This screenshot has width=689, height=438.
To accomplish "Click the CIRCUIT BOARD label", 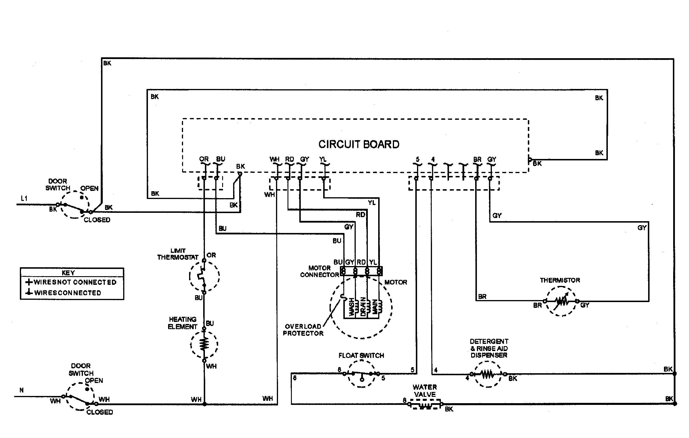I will click(x=359, y=144).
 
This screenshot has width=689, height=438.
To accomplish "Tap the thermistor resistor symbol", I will click(x=561, y=301).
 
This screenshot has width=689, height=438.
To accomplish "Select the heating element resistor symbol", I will click(x=204, y=344).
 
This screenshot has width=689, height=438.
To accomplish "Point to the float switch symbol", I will click(x=361, y=374).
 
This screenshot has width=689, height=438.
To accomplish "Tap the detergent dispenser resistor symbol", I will click(x=488, y=374).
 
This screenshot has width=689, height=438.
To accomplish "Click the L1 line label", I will click(x=24, y=198).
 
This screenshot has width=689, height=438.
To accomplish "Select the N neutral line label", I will click(x=22, y=390).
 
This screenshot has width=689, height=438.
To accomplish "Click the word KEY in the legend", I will click(x=68, y=273).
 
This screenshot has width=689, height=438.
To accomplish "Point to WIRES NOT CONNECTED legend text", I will click(x=75, y=282).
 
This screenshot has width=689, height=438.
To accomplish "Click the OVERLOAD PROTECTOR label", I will click(x=303, y=330).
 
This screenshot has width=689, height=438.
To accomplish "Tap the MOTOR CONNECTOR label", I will click(x=319, y=271).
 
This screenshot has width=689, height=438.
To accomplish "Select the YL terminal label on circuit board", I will click(x=323, y=159).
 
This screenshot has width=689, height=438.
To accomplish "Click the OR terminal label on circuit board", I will click(x=204, y=159).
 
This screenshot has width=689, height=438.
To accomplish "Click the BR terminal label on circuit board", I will click(x=477, y=159).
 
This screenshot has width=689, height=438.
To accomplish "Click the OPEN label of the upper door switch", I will click(x=90, y=188).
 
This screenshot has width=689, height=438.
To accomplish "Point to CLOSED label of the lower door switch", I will click(x=100, y=412).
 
